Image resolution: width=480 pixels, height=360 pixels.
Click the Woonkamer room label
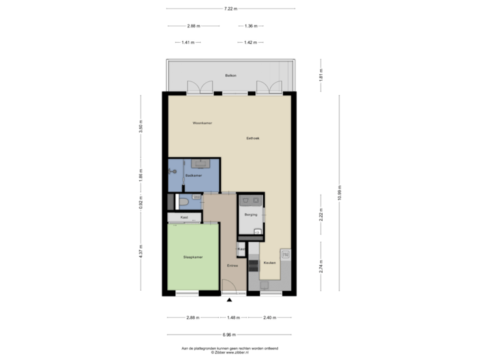202,123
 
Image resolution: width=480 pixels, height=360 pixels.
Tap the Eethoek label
253,139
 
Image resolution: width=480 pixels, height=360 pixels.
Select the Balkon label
230,76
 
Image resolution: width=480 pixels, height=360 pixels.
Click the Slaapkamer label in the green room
193,257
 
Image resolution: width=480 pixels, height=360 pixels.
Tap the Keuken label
269,263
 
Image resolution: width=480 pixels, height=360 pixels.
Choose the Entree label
232,266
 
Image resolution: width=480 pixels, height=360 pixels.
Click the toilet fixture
183,202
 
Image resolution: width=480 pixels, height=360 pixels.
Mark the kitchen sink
285,255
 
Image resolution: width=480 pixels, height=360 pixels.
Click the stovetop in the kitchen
253,265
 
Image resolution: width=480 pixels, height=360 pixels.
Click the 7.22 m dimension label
231,9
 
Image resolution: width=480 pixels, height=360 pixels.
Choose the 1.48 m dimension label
233,317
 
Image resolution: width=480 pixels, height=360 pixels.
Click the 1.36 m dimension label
251,26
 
